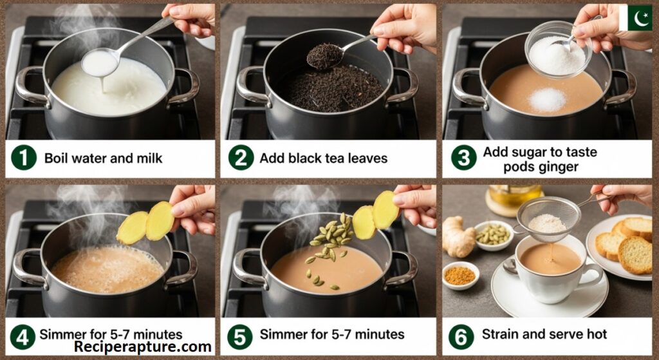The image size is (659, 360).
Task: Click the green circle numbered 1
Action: pos(24,158)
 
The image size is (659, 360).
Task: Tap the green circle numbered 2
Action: pos(241,158)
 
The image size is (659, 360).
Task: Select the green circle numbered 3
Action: pos(463,158)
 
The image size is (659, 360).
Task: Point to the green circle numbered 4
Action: pos(23,337)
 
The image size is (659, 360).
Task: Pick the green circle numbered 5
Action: pos(240,337)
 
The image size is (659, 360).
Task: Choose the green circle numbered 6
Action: pos(461,337)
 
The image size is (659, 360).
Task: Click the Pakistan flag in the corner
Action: pos(635,17)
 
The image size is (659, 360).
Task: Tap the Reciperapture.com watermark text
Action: pos(142,347)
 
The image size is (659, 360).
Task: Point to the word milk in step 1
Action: pos(149,158)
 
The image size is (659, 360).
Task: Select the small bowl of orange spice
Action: pos(461,276)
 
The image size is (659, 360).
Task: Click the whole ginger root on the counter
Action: pos(458,237)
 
